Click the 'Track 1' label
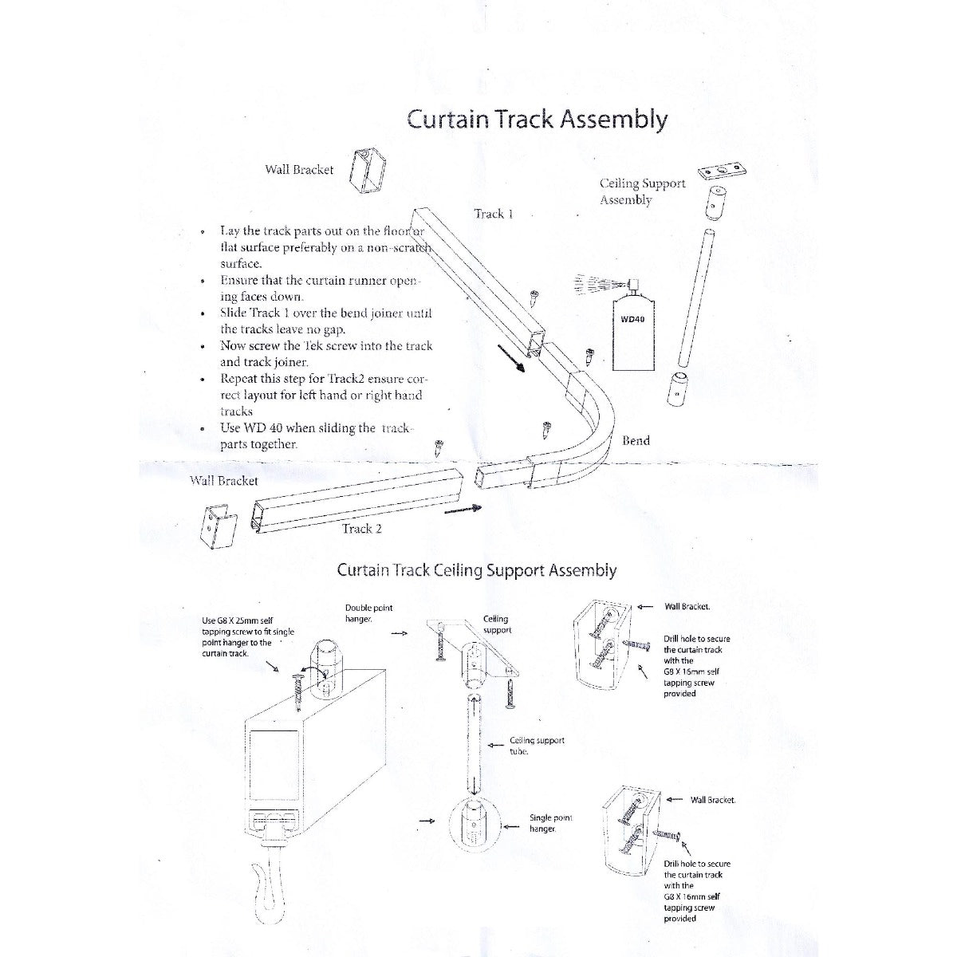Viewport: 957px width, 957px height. tap(493, 214)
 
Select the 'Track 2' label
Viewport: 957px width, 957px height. tap(361, 529)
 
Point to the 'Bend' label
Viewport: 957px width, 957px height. tap(636, 440)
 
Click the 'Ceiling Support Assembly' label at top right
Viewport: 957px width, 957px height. tap(642, 191)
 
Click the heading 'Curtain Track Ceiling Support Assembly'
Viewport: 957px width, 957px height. tap(477, 570)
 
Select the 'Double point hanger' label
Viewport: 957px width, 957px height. tap(368, 613)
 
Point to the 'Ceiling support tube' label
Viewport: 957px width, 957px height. tap(537, 746)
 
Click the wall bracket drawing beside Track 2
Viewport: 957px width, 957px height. tap(218, 526)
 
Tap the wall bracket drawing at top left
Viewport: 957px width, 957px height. tap(368, 171)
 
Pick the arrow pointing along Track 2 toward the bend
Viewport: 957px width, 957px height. tap(463, 509)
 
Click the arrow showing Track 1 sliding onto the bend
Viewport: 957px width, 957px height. tap(511, 359)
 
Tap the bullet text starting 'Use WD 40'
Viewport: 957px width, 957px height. tap(315, 436)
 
